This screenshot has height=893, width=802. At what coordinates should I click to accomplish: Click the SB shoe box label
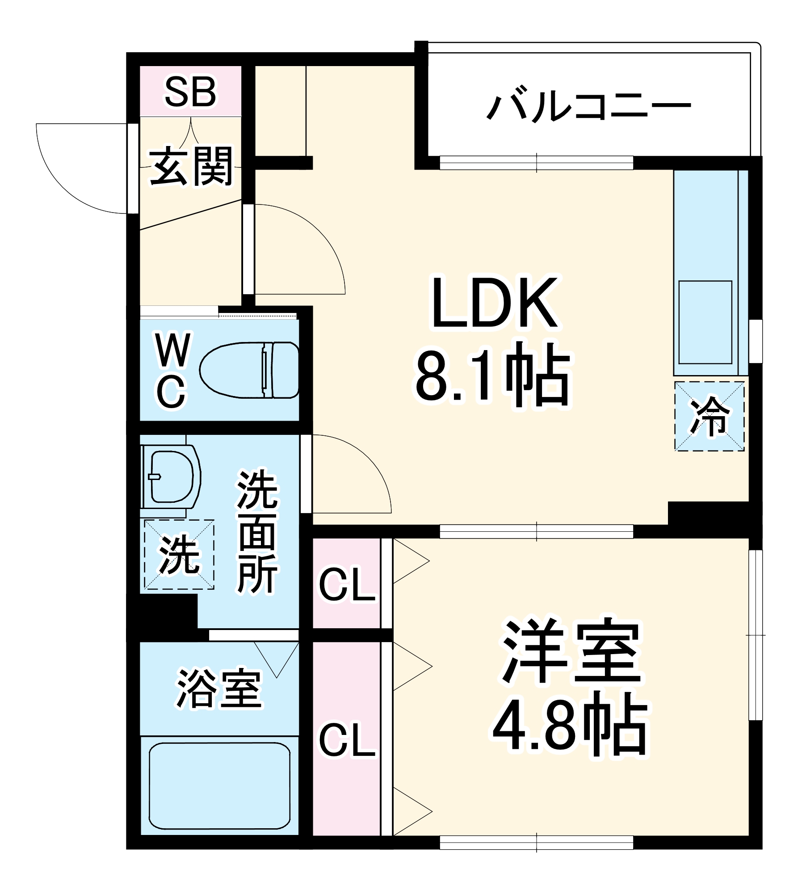[x=190, y=92]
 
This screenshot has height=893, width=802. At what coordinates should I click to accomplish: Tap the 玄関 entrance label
[x=191, y=166]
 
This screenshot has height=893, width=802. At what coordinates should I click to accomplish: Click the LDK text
[x=494, y=303]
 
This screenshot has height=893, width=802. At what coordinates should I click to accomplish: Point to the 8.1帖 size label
[x=493, y=375]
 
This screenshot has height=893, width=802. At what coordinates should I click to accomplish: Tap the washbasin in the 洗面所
[x=171, y=476]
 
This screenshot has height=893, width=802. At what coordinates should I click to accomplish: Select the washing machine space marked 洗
[x=179, y=554]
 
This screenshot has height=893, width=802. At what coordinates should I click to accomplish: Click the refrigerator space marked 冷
[x=709, y=416]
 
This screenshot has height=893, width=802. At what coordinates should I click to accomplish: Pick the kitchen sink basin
[x=705, y=322]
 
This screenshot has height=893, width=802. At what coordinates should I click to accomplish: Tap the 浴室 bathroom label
[x=219, y=688]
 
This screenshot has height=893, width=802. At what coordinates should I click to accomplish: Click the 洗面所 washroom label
[x=258, y=531]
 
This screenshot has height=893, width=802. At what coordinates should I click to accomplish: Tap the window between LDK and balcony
[x=537, y=163]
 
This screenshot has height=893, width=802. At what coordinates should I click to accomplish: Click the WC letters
[x=172, y=371]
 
